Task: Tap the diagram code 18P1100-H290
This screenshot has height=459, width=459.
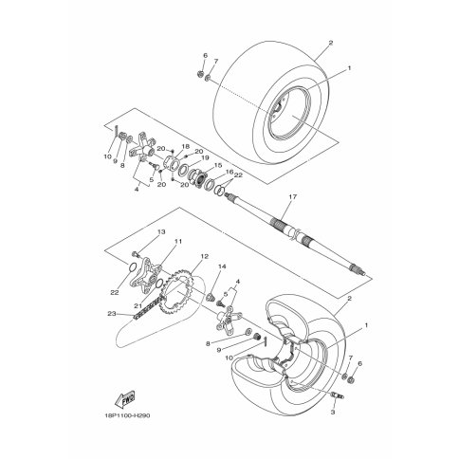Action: (x=127, y=415)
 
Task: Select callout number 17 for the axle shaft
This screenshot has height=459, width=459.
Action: (x=293, y=196)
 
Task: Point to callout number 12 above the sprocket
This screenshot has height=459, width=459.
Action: (x=205, y=256)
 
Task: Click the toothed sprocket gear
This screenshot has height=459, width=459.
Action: (x=177, y=291)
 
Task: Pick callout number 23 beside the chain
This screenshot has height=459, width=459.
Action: (x=112, y=314)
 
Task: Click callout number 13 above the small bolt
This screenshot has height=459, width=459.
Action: (x=161, y=232)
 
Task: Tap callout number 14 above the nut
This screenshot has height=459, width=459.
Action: (x=222, y=266)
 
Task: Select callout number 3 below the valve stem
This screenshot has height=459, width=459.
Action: (x=333, y=412)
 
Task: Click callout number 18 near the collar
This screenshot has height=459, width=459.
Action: (x=185, y=146)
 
